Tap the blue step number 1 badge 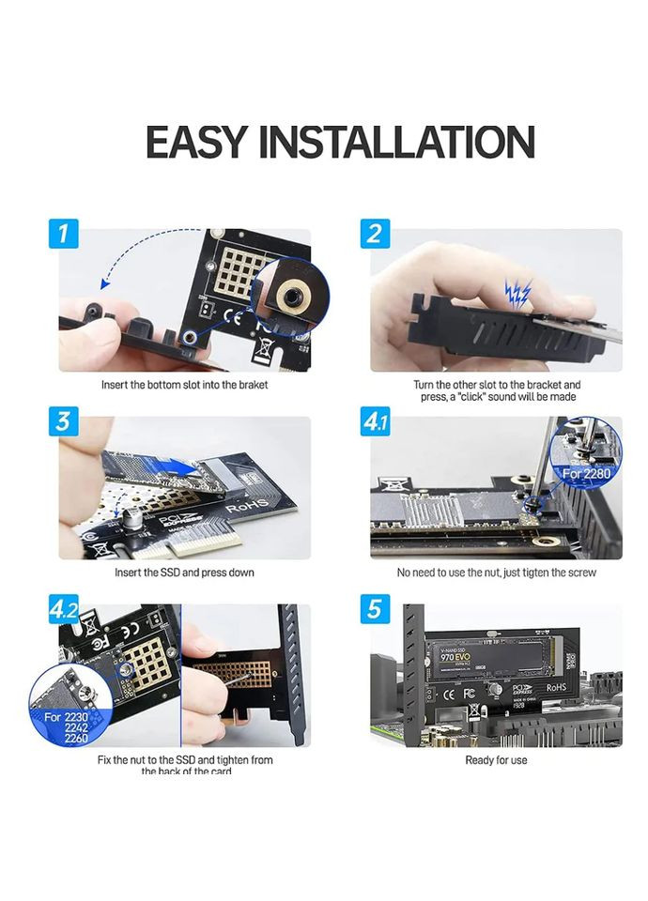(x=64, y=234)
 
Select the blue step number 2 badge (x=375, y=234)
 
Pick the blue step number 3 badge (x=64, y=421)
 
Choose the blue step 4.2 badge (x=64, y=609)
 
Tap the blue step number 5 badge (x=375, y=609)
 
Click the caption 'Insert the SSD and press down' (x=184, y=573)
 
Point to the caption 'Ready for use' (x=496, y=760)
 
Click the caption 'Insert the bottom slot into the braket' (x=184, y=385)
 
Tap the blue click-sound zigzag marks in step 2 (x=517, y=295)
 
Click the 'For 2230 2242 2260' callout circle (x=69, y=705)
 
